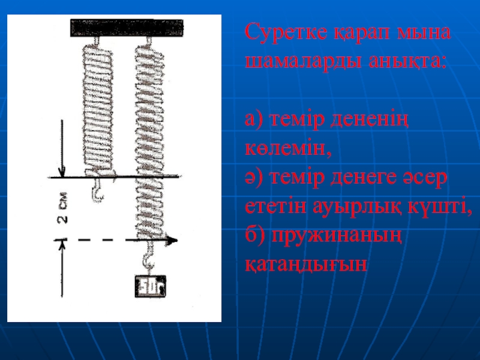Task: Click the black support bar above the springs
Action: [127, 28]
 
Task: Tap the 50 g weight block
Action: [151, 286]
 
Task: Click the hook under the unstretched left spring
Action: [98, 190]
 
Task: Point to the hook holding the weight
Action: [149, 257]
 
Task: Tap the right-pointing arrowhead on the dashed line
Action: [172, 241]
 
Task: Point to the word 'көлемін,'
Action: [288, 149]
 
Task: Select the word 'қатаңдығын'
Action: [306, 264]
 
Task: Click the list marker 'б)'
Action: [255, 235]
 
